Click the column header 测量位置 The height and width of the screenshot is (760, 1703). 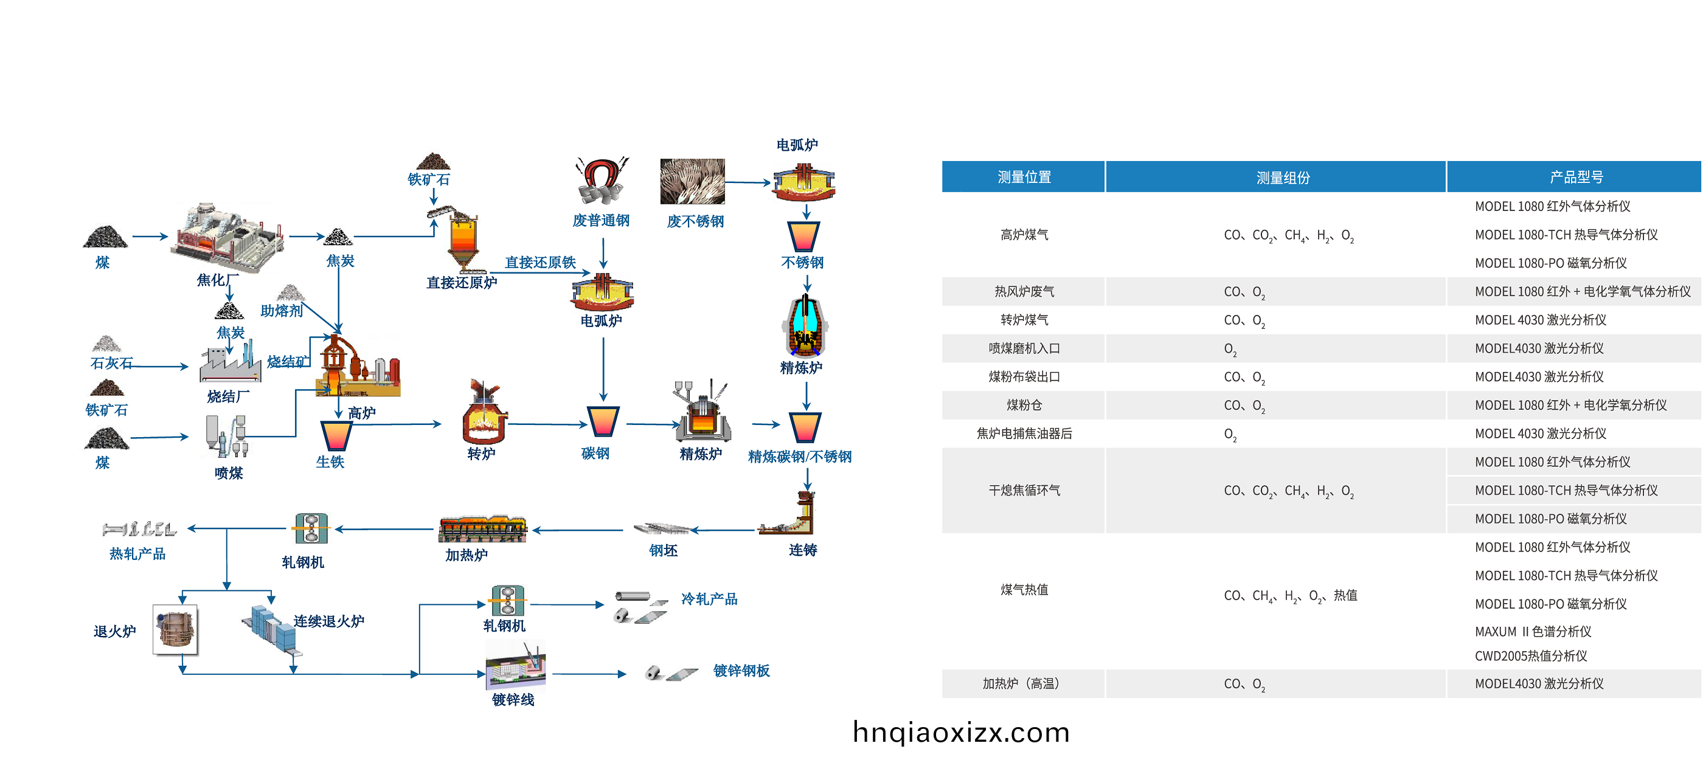pos(1024,177)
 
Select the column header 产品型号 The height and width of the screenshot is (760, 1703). pos(1575,177)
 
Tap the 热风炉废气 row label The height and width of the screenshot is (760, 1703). pos(1024,291)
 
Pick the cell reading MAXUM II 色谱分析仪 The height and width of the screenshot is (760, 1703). pos(1533,631)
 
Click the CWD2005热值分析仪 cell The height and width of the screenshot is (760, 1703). pos(1530,655)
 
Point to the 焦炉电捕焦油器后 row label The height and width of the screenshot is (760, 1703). pos(1024,434)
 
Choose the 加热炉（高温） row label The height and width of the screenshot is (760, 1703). pos(1024,683)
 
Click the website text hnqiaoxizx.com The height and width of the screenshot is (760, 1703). pos(960,732)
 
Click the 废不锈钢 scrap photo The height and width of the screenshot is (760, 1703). pos(692,181)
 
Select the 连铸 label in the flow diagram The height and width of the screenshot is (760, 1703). pos(803,550)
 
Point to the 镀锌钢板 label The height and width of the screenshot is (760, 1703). pos(741,671)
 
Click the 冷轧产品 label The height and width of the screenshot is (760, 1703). pos(709,599)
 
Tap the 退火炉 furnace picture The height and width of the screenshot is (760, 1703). pos(175,629)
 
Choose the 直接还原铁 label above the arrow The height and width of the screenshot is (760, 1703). pos(540,263)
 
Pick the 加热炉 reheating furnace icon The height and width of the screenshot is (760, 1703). pos(482,529)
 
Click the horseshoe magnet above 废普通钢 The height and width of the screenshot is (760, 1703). pos(601,180)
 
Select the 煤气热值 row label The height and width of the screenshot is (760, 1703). pos(1024,590)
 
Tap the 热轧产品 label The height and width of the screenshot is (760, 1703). pos(137,554)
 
